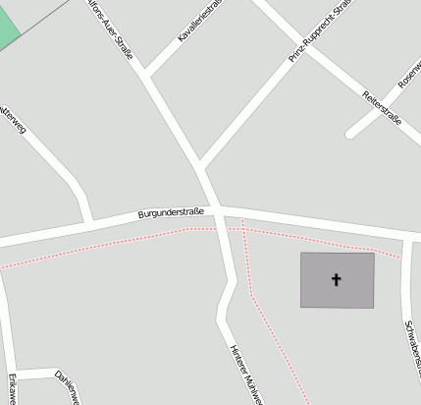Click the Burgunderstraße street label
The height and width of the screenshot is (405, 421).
coord(171,211)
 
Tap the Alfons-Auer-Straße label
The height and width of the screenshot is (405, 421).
coord(110,29)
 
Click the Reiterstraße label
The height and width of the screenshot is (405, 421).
coord(382,110)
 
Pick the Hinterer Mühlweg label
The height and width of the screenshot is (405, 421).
coord(244,375)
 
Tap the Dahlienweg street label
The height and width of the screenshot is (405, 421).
coord(66,385)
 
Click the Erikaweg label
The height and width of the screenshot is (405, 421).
coord(12,387)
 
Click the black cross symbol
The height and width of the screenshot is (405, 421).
coord(337,280)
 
